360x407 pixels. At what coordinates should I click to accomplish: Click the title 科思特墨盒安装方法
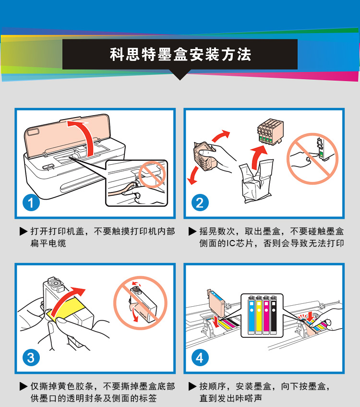[180, 55]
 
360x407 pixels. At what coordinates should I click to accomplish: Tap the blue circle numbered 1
[31, 203]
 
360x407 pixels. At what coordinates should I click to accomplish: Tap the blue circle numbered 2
[200, 203]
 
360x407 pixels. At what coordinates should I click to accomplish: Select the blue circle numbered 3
[31, 358]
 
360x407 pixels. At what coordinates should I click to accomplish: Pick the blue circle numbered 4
[200, 358]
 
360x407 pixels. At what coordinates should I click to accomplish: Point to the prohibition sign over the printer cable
[152, 174]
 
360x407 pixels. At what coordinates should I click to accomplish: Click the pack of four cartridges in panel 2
[270, 132]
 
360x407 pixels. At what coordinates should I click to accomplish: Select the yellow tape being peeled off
[66, 309]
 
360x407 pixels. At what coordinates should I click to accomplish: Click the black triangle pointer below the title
[180, 75]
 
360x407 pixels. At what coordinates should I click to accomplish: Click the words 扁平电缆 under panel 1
[48, 243]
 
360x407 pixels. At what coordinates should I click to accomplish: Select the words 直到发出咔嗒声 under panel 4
[231, 398]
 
